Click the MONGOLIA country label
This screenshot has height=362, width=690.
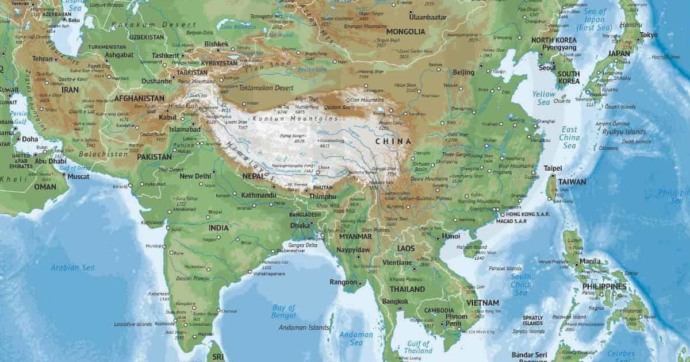pos(406,32)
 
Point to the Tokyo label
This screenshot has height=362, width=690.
pos(648,35)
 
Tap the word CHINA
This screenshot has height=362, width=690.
pos(393,141)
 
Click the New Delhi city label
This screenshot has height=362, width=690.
pos(195,176)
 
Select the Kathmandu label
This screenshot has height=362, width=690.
pos(259,195)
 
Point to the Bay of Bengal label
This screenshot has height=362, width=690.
pos(283,311)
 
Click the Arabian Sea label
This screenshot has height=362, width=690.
pos(72,268)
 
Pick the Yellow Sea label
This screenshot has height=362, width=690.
pos(544,98)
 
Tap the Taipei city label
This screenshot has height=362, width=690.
pos(553,168)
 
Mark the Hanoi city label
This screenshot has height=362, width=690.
pos(451,236)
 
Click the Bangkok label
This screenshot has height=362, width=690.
pos(395,301)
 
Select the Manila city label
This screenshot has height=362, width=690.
pos(590,261)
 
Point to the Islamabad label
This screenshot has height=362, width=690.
pos(185,129)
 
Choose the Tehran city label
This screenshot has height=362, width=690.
pos(42,59)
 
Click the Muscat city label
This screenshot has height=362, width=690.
pos(78,176)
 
